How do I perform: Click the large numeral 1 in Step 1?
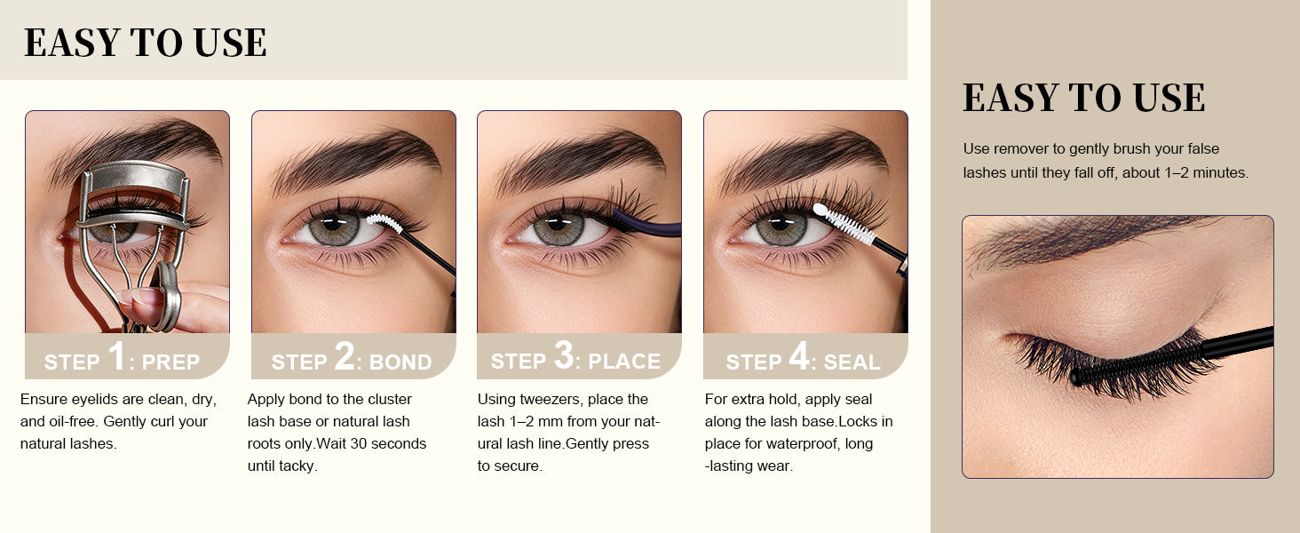[116, 354]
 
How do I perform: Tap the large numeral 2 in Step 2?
[345, 354]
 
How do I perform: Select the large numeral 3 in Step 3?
[564, 354]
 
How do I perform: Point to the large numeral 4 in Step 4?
[799, 354]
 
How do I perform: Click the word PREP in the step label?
[170, 362]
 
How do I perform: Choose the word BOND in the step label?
[400, 362]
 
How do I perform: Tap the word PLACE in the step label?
[624, 362]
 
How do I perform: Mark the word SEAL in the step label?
[852, 362]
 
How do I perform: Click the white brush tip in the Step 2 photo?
[384, 222]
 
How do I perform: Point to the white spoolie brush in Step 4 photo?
[844, 224]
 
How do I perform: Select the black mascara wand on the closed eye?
[1171, 356]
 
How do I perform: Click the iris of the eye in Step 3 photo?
[559, 228]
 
